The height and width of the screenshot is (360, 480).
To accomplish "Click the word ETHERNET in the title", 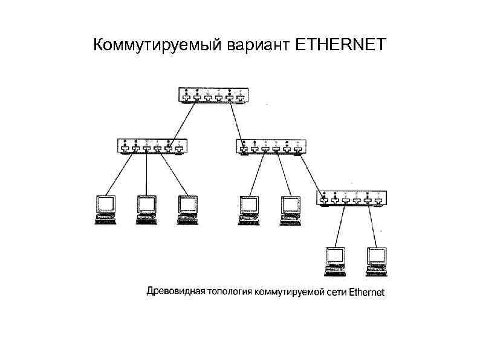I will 340,45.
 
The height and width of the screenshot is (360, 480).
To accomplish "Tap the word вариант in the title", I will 258,45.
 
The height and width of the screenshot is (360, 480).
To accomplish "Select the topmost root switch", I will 213,96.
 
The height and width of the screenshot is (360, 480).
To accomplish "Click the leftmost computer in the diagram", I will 106,209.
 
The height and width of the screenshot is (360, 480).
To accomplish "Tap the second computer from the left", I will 146,209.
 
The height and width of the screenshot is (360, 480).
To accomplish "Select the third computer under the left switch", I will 187,209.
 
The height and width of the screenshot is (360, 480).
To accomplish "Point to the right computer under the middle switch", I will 289,209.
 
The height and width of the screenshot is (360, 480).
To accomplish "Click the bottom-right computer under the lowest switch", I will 375,260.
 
